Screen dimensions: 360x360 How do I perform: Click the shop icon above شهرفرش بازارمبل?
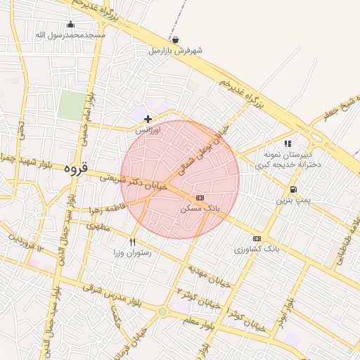(175, 40)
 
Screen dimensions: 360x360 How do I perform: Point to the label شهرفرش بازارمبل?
(175, 51)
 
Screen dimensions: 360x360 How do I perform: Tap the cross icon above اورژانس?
(148, 119)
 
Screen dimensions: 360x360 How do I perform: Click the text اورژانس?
(148, 130)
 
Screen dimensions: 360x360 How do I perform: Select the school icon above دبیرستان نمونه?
(288, 143)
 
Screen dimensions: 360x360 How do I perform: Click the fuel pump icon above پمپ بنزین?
(292, 189)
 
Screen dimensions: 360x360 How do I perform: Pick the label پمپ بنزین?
(292, 200)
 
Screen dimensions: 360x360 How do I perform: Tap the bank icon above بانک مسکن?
(200, 198)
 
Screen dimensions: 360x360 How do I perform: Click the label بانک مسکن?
(200, 209)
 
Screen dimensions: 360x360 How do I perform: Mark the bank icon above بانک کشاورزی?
(257, 238)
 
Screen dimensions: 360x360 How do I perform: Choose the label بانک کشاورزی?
(257, 249)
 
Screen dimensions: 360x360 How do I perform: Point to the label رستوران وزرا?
(132, 252)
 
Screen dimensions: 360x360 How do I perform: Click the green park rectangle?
(70, 105)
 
